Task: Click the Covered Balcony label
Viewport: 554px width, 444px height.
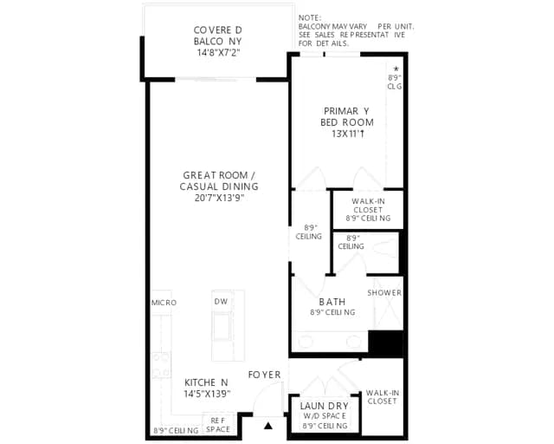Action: pyautogui.click(x=218, y=36)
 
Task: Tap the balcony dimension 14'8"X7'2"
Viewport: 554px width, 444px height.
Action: pyautogui.click(x=218, y=53)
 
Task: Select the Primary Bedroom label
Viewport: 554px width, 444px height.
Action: pyautogui.click(x=347, y=116)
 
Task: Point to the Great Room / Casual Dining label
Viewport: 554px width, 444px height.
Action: pyautogui.click(x=219, y=180)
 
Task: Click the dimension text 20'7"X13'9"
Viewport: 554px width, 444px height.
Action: pyautogui.click(x=219, y=198)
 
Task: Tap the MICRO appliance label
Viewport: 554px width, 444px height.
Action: pyautogui.click(x=164, y=303)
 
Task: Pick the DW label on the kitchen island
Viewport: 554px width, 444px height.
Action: pyautogui.click(x=221, y=301)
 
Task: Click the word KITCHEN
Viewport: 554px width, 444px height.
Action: pyautogui.click(x=206, y=382)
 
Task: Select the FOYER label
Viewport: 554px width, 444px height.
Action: pyautogui.click(x=264, y=375)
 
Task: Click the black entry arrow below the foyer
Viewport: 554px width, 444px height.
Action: pyautogui.click(x=268, y=426)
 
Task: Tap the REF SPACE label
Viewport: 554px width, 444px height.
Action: pyautogui.click(x=218, y=425)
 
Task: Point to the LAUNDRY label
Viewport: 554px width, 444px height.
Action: pyautogui.click(x=325, y=406)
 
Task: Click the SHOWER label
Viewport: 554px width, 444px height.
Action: pyautogui.click(x=384, y=293)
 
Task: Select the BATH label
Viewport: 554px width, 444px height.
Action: pyautogui.click(x=332, y=302)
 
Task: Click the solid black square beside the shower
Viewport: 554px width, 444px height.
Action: pyautogui.click(x=385, y=343)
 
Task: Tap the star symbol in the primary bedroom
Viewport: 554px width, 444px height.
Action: pyautogui.click(x=396, y=69)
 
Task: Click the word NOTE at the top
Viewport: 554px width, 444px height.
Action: pyautogui.click(x=310, y=17)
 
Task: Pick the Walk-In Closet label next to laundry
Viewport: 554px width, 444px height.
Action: pyautogui.click(x=383, y=397)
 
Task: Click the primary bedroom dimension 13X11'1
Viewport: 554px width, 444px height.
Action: pyautogui.click(x=348, y=134)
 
